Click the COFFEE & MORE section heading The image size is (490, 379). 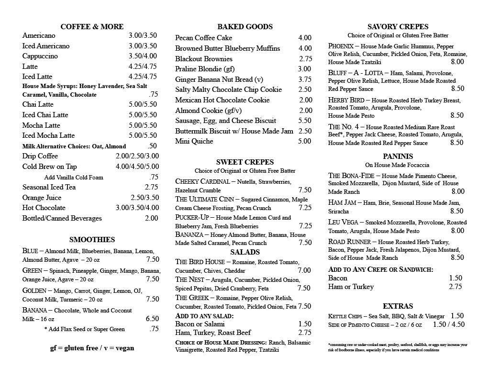click(x=92, y=27)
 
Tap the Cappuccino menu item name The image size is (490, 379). click(x=40, y=56)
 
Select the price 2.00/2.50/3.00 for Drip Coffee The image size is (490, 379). click(x=137, y=156)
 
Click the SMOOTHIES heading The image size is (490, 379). click(x=92, y=240)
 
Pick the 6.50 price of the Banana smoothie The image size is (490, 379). click(x=152, y=319)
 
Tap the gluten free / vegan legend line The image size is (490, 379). click(x=92, y=348)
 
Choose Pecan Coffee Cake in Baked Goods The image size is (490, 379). click(x=204, y=38)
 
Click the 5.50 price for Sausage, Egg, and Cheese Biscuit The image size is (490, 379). click(x=305, y=121)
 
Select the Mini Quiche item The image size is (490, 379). click(x=194, y=141)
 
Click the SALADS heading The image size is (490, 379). click(x=245, y=252)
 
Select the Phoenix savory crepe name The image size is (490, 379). click(x=341, y=46)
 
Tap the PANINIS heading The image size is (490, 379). click(x=398, y=156)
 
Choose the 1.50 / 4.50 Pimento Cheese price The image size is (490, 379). click(x=448, y=324)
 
